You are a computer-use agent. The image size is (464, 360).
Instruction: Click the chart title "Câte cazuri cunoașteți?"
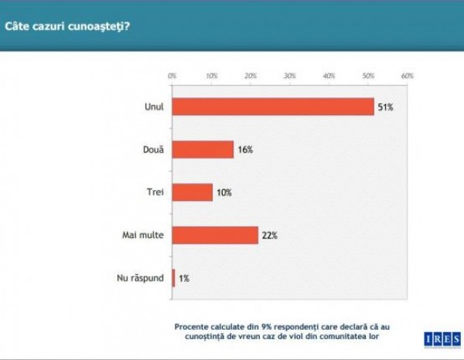[x=67, y=26]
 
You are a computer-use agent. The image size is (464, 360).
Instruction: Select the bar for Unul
[x=273, y=107]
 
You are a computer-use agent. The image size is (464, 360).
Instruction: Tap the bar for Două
[x=203, y=149]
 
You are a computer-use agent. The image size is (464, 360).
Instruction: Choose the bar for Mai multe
[x=215, y=235]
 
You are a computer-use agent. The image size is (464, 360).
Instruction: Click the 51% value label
[x=386, y=107]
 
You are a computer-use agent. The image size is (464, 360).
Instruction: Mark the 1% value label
[x=184, y=278]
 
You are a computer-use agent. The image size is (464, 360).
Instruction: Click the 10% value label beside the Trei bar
[x=224, y=192]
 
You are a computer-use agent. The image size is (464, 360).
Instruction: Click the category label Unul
[x=154, y=107]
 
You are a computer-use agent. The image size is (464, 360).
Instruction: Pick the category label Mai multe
[x=145, y=235]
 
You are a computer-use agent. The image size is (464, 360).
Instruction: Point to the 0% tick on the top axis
[x=172, y=76]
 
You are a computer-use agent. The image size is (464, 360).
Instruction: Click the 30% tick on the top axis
[x=290, y=76]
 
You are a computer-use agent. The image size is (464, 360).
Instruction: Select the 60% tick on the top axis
[x=408, y=76]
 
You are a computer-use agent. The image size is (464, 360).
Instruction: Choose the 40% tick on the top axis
[x=329, y=76]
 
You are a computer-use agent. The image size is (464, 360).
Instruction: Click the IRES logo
[x=442, y=338]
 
